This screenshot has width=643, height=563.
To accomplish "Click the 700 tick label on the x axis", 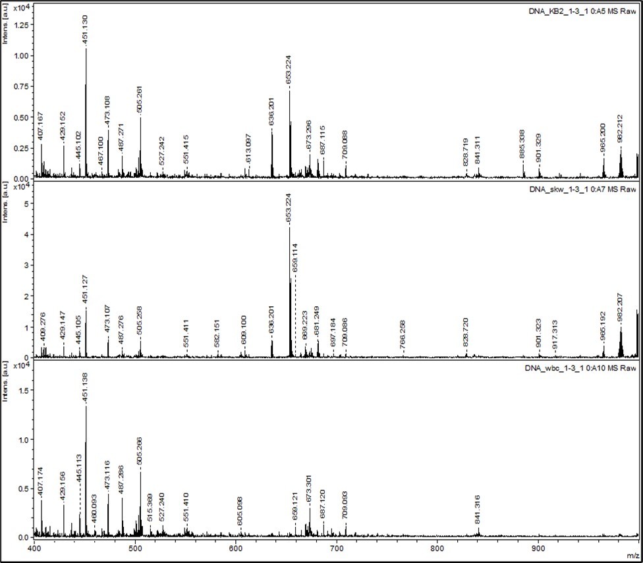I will [337, 548].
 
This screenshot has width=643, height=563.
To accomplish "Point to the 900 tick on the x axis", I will [539, 548].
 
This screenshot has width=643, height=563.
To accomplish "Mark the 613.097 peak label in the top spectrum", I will [249, 152].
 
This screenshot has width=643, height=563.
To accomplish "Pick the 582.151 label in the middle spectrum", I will [217, 333].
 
